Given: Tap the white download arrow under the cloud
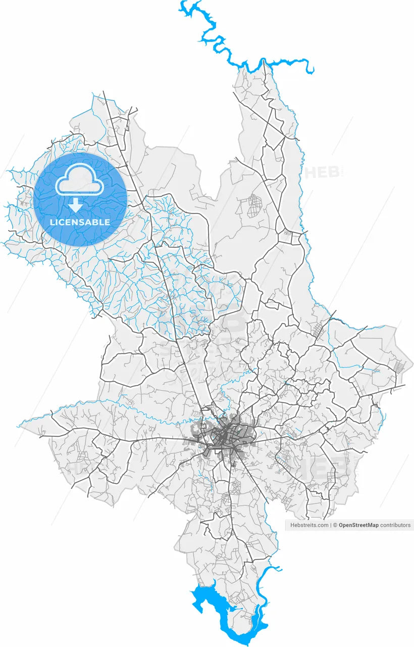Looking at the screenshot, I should pos(76,205).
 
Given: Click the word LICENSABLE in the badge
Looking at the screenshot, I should pos(80,222).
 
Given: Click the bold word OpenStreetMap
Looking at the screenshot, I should pos(358,525).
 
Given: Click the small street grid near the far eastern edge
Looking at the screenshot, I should pos(400,367).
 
